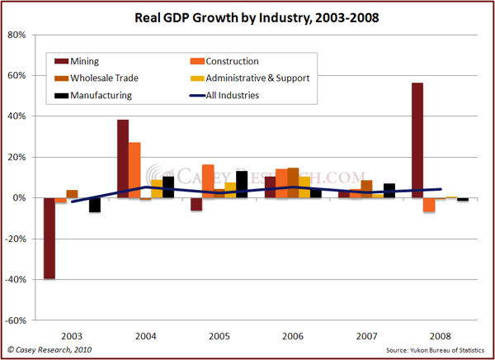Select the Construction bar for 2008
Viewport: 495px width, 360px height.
tap(429, 205)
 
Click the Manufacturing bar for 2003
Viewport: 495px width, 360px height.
tap(95, 205)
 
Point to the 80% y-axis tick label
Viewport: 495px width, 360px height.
tap(18, 35)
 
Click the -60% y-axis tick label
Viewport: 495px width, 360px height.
tap(16, 320)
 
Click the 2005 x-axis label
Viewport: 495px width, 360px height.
tap(219, 337)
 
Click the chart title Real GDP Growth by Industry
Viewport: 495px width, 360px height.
tap(247, 17)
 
